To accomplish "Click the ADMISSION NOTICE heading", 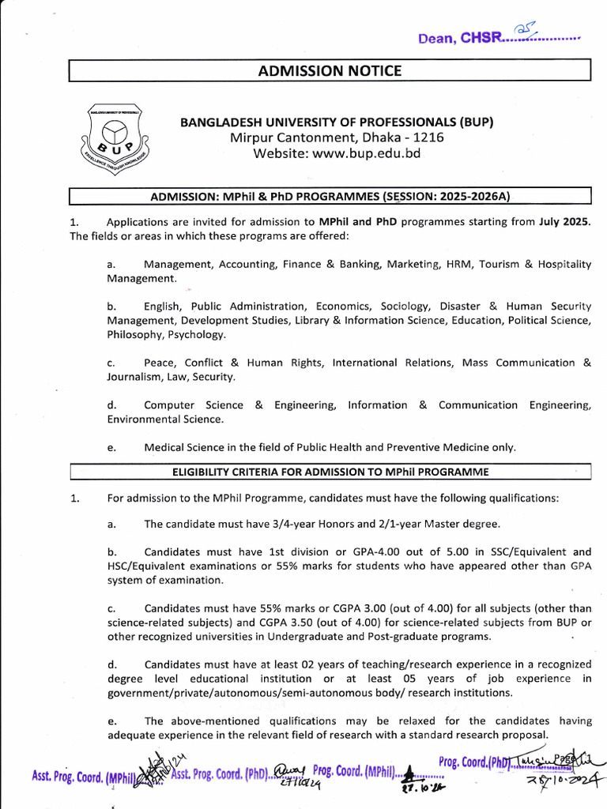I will click(330, 71).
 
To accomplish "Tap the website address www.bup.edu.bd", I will click(337, 153).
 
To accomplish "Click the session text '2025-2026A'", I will click(472, 195).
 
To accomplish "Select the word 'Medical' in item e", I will click(164, 447).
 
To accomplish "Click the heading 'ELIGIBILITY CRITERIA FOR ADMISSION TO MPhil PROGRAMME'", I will click(330, 472).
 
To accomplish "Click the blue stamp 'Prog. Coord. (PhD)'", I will click(475, 762).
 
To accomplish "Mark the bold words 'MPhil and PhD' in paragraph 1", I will click(359, 222).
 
